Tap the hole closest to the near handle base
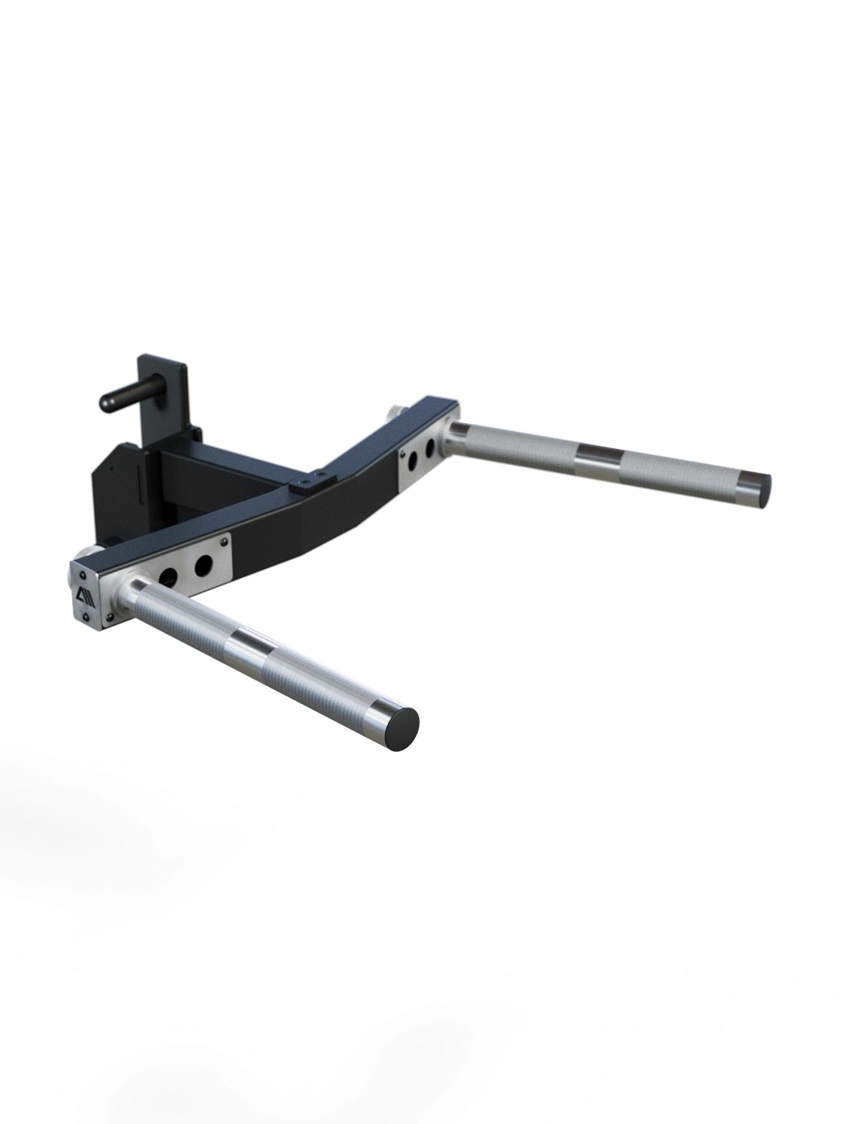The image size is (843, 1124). (166, 575)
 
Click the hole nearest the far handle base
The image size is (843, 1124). (430, 448)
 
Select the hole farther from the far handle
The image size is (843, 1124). (412, 458)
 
